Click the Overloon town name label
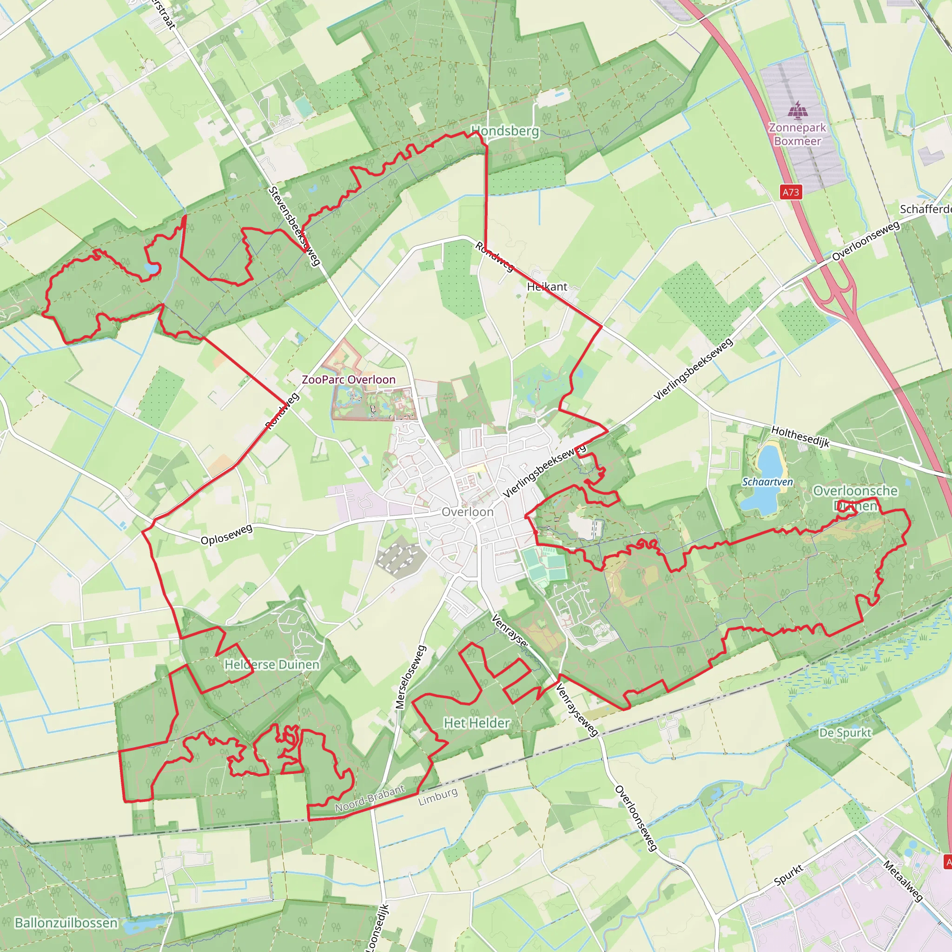(467, 512)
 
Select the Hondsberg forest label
(506, 131)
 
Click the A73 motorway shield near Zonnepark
(791, 192)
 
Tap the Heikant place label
(547, 286)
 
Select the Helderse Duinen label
(272, 665)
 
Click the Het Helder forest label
(476, 723)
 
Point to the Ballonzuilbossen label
(66, 923)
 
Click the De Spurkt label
(845, 733)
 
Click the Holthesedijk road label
(800, 436)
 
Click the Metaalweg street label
(902, 881)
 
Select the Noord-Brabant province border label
(370, 799)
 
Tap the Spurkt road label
(788, 875)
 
